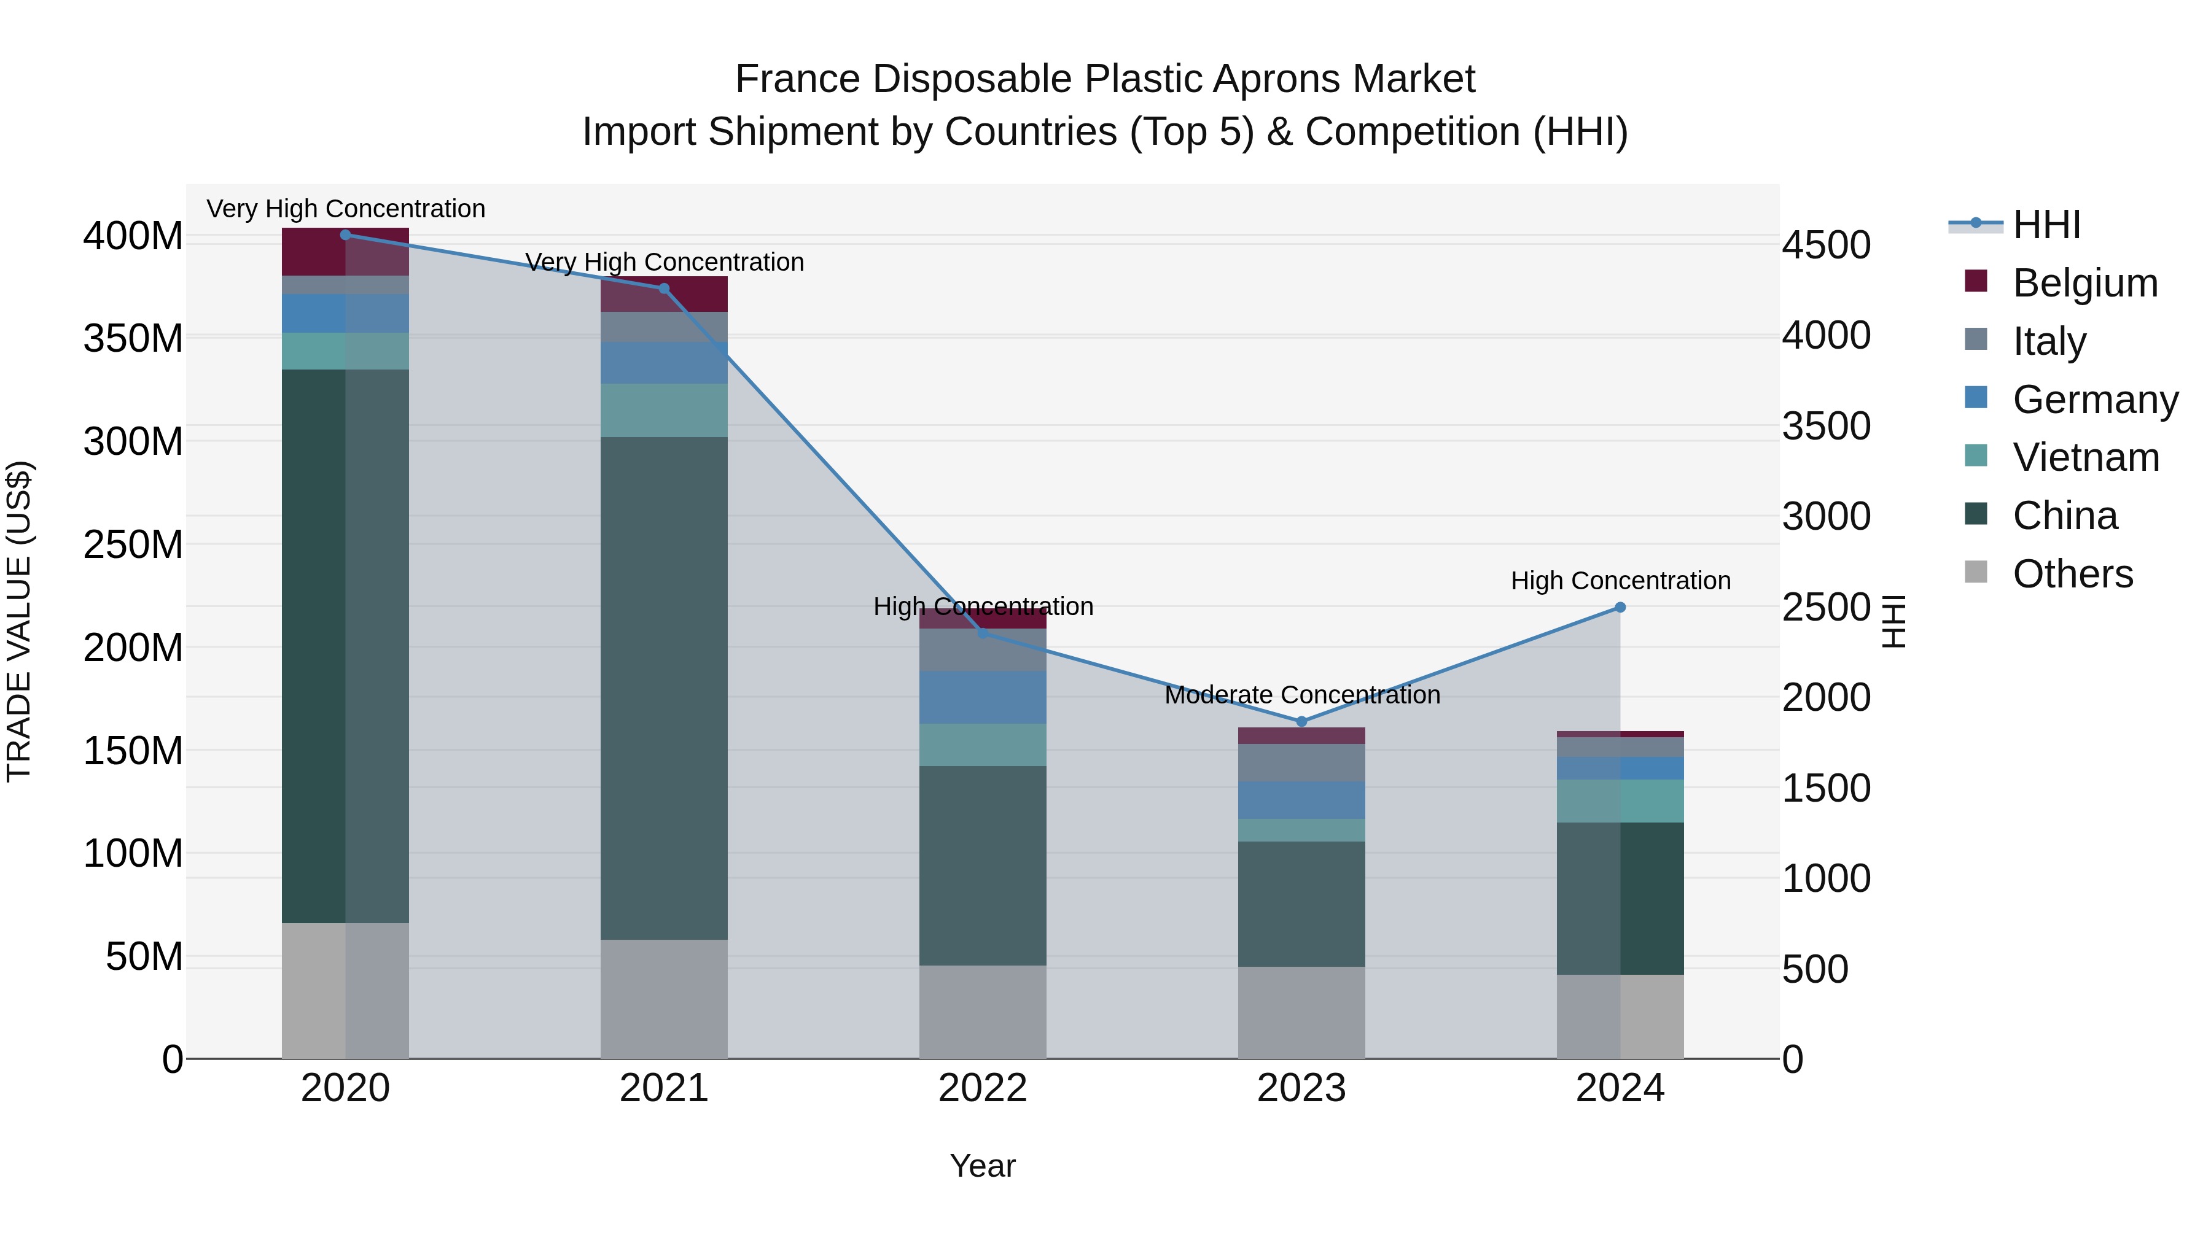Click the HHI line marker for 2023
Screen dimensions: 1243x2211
click(1301, 721)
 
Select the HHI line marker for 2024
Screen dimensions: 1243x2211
click(1620, 607)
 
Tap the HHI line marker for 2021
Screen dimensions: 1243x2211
click(663, 289)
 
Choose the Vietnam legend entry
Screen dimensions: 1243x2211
click(2085, 457)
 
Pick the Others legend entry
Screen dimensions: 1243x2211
click(2072, 574)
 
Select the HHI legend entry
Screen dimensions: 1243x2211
click(2046, 225)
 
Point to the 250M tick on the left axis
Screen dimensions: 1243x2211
click(133, 544)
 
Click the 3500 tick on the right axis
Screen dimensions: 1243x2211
click(1826, 427)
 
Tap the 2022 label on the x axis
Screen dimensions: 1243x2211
click(982, 1088)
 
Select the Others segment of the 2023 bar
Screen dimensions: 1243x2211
click(1301, 1012)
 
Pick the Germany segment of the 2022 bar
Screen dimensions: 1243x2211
click(982, 697)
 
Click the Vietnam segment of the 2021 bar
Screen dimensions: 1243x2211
click(663, 410)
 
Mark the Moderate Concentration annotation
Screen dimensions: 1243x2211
click(1301, 695)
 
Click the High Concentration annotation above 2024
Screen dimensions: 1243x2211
click(1620, 581)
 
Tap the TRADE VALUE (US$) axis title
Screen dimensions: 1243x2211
click(19, 621)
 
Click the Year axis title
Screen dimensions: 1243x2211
click(982, 1166)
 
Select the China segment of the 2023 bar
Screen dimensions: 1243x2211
click(1301, 904)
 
